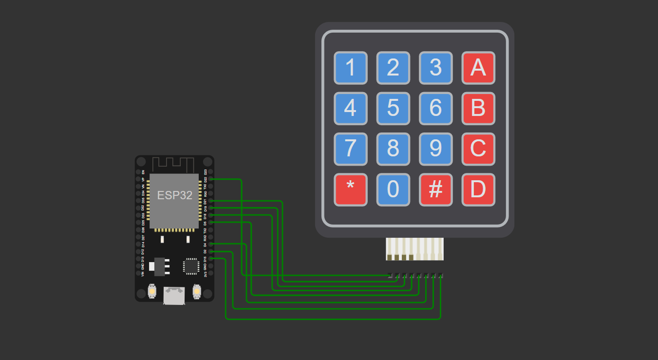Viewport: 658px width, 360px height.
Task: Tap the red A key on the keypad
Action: pyautogui.click(x=478, y=68)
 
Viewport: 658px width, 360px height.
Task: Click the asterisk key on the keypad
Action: pyautogui.click(x=350, y=189)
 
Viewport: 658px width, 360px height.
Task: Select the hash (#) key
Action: pyautogui.click(x=435, y=189)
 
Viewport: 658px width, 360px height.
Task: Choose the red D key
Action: pyautogui.click(x=478, y=189)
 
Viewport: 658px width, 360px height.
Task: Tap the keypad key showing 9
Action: pyautogui.click(x=435, y=149)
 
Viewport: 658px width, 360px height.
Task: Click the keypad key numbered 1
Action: pyautogui.click(x=350, y=68)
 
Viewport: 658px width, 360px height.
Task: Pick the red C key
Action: pyautogui.click(x=478, y=149)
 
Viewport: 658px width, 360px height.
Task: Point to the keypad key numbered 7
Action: pyautogui.click(x=350, y=149)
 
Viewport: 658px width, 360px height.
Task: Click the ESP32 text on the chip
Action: pyautogui.click(x=174, y=195)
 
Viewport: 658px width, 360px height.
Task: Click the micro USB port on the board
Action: pyautogui.click(x=174, y=295)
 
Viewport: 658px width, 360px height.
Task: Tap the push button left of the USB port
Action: pyautogui.click(x=152, y=291)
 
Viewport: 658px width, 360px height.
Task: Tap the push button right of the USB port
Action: pyautogui.click(x=197, y=291)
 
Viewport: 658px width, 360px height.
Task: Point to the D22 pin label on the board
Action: pyautogui.click(x=206, y=179)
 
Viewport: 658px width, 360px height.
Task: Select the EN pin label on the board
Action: pyautogui.click(x=143, y=172)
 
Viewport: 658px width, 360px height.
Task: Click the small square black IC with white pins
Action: pyautogui.click(x=191, y=266)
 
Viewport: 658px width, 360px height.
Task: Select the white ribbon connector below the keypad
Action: pyautogui.click(x=414, y=249)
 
